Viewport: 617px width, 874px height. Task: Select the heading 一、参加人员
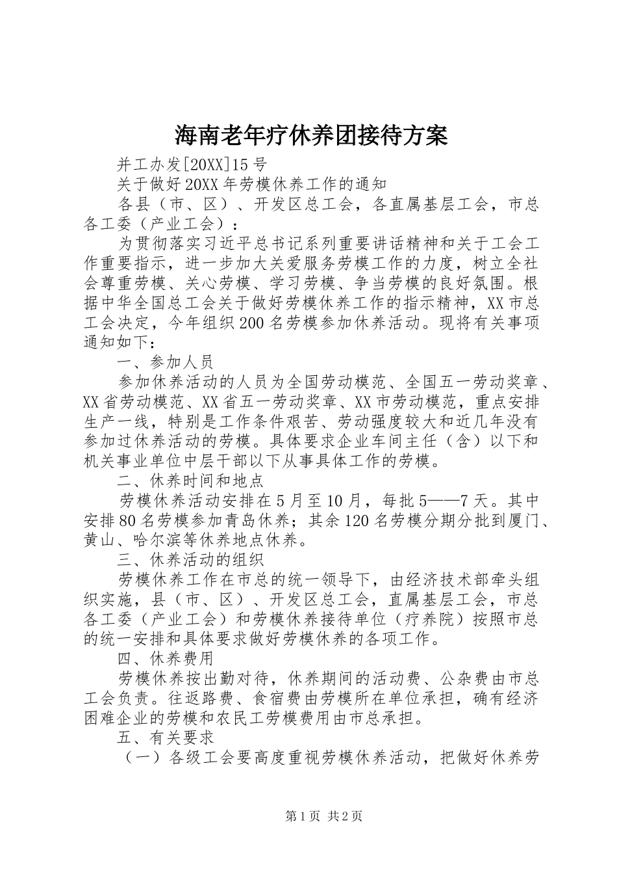coord(165,362)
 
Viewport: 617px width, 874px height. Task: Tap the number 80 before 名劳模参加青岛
coord(127,520)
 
